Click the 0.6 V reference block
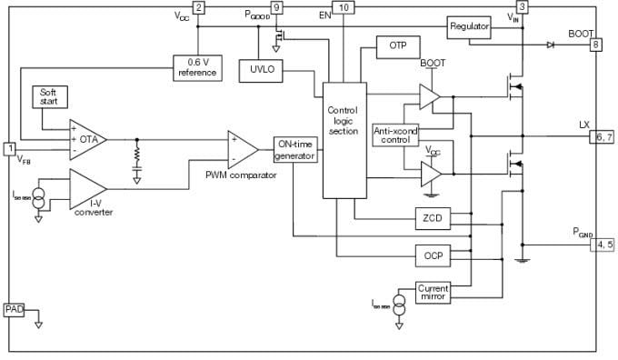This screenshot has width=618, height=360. [197, 67]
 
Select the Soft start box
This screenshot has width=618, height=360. [48, 96]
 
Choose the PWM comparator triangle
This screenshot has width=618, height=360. [243, 147]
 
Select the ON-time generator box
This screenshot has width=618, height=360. [295, 149]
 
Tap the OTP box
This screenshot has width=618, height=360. [397, 46]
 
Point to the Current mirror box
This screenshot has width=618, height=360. [433, 292]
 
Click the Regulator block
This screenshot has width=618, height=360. [469, 27]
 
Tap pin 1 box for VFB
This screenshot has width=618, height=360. [10, 148]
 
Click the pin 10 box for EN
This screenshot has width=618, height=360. [342, 7]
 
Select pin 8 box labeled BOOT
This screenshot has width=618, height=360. [595, 45]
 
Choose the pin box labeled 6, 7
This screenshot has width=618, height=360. [602, 136]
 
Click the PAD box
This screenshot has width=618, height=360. [14, 310]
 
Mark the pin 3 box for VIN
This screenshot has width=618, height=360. [522, 7]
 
